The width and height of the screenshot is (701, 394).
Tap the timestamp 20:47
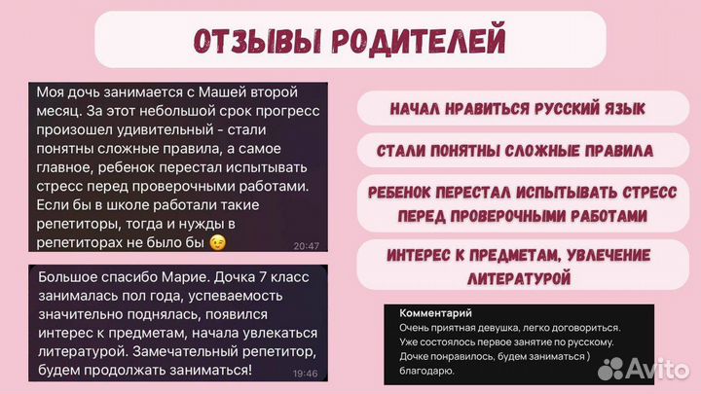click(305, 247)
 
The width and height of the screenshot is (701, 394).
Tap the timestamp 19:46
click(304, 372)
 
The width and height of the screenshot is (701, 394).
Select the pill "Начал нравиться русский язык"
click(517, 109)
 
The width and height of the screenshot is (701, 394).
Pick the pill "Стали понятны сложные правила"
click(517, 152)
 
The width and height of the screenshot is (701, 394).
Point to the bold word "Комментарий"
click(435, 313)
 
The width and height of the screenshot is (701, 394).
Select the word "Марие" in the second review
click(169, 281)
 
